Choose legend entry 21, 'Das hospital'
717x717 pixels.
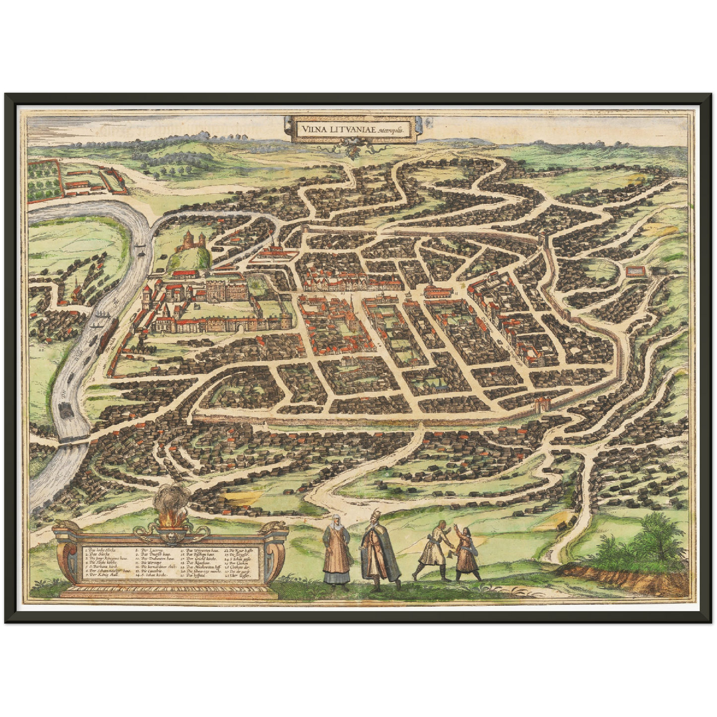196,576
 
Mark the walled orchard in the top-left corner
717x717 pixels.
44,180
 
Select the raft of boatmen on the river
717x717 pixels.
65,409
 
